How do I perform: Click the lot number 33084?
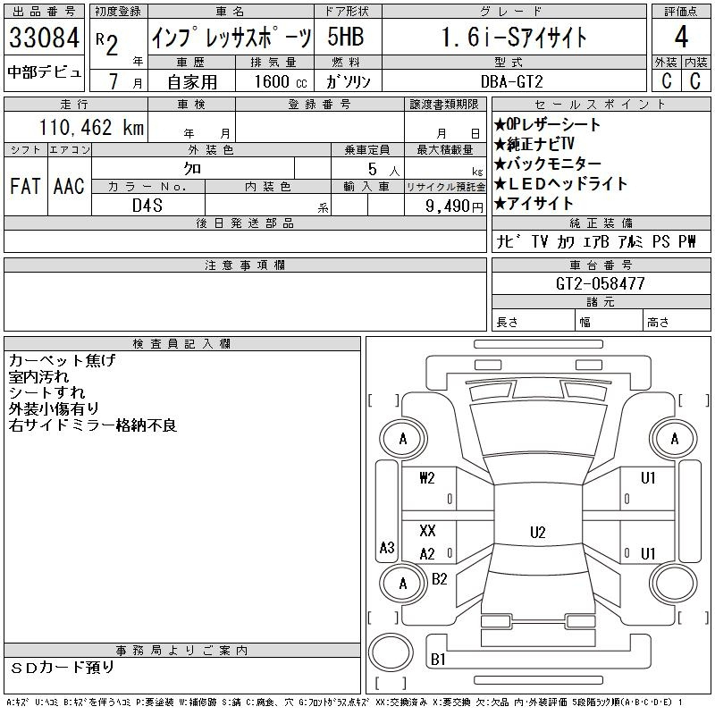(44, 38)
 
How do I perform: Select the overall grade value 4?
(681, 37)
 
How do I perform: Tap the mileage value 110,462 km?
(91, 127)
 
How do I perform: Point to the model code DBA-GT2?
(512, 81)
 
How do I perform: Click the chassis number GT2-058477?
(600, 283)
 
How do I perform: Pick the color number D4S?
(147, 206)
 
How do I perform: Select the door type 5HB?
(346, 37)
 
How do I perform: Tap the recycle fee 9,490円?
(454, 206)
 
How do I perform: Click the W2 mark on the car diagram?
(427, 477)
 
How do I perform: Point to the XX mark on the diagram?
(427, 530)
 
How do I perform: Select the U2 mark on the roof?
(538, 532)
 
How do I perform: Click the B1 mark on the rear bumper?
(438, 659)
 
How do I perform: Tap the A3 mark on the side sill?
(387, 547)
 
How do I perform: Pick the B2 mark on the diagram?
(439, 579)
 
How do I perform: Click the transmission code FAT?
(25, 186)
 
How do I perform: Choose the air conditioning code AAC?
(69, 186)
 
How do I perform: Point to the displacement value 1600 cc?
(281, 81)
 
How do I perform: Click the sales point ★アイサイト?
(534, 204)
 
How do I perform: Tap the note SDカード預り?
(62, 668)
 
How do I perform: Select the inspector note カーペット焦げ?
(62, 360)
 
